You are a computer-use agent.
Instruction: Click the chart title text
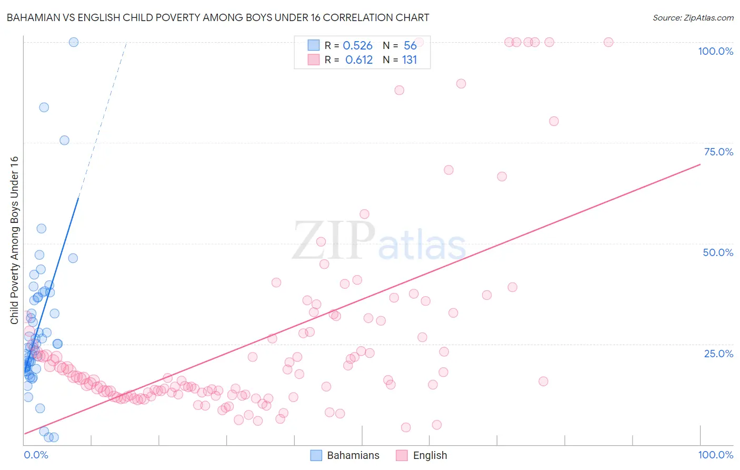(218, 17)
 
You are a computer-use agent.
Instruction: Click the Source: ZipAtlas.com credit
(693, 17)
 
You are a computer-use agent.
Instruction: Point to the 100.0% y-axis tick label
(715, 51)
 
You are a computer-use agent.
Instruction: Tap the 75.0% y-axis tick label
(718, 152)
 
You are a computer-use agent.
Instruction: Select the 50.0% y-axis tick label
(718, 252)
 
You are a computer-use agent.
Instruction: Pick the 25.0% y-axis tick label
(718, 353)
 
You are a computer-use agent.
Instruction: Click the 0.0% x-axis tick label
(36, 455)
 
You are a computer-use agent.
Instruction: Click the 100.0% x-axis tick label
(715, 455)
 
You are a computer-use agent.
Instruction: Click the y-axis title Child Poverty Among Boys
(15, 240)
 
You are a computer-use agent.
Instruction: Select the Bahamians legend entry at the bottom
(345, 455)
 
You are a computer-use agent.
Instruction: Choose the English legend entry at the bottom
(422, 455)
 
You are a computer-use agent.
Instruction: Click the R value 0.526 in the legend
(357, 46)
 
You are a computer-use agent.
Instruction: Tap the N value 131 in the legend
(409, 60)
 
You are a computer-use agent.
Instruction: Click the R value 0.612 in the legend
(358, 60)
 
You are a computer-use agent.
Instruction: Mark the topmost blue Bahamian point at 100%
(74, 42)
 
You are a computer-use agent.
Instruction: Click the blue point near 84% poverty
(44, 107)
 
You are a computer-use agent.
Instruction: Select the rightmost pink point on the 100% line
(608, 42)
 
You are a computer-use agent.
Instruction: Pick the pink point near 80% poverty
(554, 121)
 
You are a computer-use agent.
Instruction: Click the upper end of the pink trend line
(699, 165)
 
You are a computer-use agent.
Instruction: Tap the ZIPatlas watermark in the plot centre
(379, 241)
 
